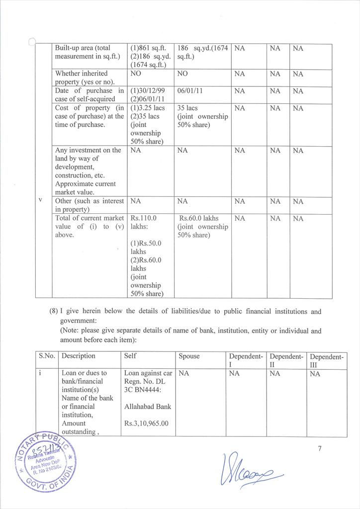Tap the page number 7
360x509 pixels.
(x=321, y=449)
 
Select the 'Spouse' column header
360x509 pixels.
(x=189, y=356)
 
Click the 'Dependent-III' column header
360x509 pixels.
(x=327, y=361)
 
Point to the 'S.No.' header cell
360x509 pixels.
(x=47, y=356)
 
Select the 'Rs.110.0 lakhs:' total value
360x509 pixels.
(x=144, y=222)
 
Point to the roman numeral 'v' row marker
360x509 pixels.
(x=40, y=200)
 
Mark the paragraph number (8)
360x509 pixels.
(x=54, y=312)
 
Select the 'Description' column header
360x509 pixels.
(x=79, y=356)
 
